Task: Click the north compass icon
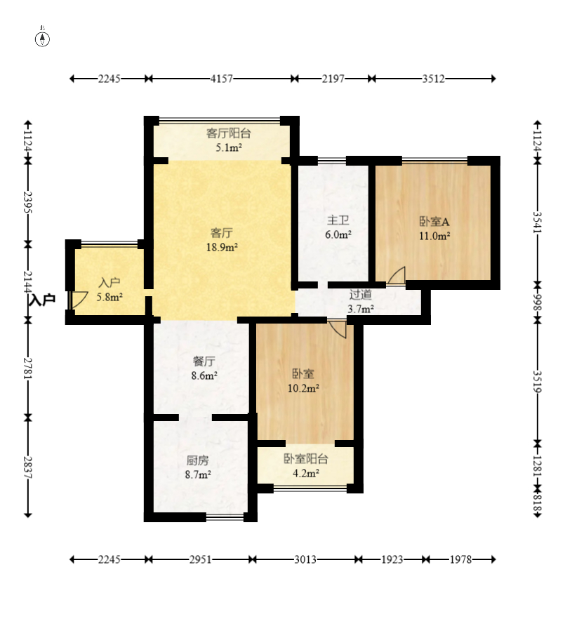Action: pos(42,39)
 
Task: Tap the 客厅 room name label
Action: pos(221,233)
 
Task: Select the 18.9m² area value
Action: pos(222,247)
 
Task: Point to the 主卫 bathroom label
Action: pos(338,220)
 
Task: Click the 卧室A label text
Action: pos(434,222)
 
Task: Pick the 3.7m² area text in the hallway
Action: pos(360,309)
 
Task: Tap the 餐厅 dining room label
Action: pos(204,361)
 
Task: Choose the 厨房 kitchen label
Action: pos(198,460)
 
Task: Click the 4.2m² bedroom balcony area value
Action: pos(306,473)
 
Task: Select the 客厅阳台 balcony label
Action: pos(229,133)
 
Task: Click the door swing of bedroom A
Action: pos(397,275)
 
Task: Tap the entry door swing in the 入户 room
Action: pos(79,300)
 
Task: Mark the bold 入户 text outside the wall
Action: pos(42,300)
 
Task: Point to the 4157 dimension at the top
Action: pos(222,79)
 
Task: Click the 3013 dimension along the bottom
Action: pos(305,559)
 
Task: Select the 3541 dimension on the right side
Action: pos(538,222)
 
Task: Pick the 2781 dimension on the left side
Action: pos(28,368)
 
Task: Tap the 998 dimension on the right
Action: pos(538,302)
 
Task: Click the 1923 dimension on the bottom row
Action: pos(392,559)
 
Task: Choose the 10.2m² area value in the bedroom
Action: pos(303,388)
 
